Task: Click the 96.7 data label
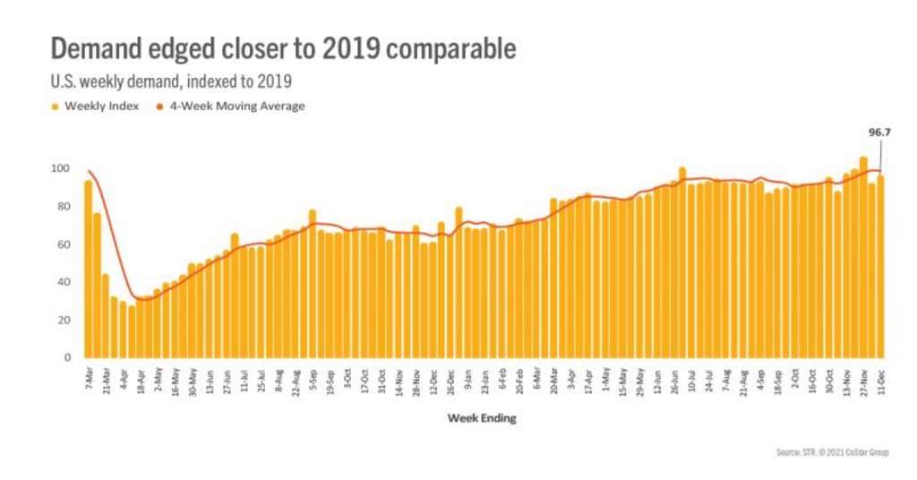[879, 132]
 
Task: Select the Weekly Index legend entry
[99, 106]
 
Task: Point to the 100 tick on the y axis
[61, 168]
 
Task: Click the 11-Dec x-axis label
[881, 382]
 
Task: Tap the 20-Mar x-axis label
[554, 382]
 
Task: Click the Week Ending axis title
[482, 418]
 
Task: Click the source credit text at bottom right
[833, 452]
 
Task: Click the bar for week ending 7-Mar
[89, 269]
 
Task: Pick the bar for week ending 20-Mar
[554, 278]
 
